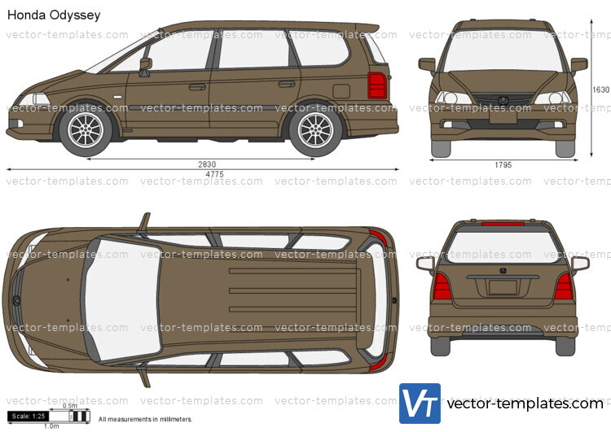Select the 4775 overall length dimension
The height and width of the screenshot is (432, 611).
pyautogui.click(x=213, y=174)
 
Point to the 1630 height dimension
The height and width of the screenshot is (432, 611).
pyautogui.click(x=600, y=89)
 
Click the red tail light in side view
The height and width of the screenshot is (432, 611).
pyautogui.click(x=377, y=85)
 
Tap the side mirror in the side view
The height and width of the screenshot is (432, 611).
pyautogui.click(x=145, y=64)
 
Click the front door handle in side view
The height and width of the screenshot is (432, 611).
pyautogui.click(x=197, y=86)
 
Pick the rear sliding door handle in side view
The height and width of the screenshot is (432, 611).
pyautogui.click(x=287, y=84)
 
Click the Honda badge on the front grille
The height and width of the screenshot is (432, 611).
pyautogui.click(x=503, y=101)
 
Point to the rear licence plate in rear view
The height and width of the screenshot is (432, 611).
pyautogui.click(x=503, y=286)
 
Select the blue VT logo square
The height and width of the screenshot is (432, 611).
pyautogui.click(x=420, y=404)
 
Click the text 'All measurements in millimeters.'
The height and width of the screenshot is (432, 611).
pyautogui.click(x=145, y=419)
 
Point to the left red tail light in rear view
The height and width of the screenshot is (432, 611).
pyautogui.click(x=442, y=286)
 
